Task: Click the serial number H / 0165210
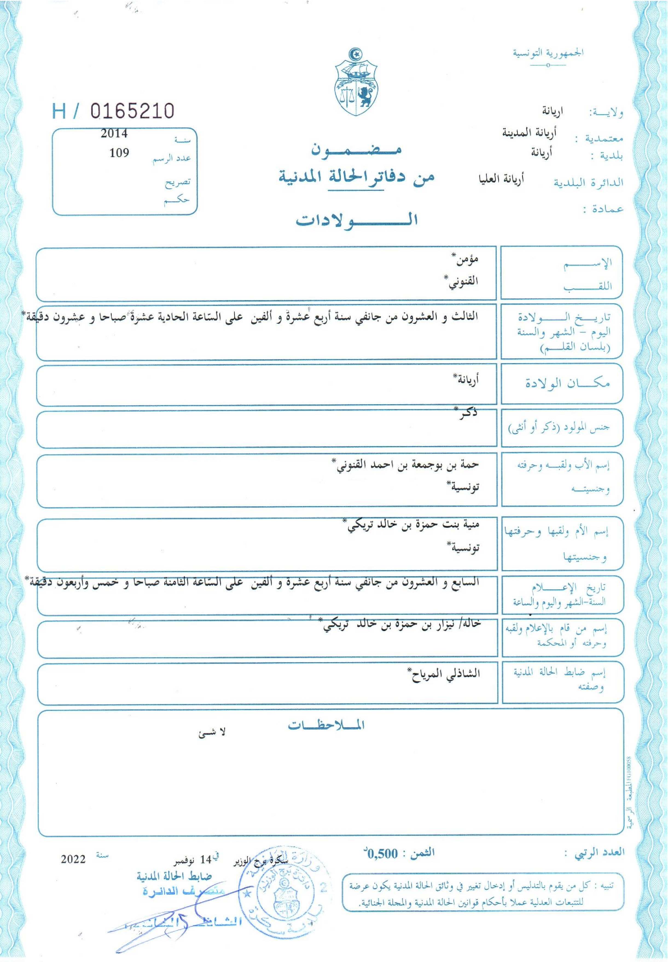tap(113, 111)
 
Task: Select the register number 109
tap(119, 153)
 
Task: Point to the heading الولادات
tap(357, 221)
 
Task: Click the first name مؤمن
tap(467, 259)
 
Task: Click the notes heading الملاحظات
tap(326, 726)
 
